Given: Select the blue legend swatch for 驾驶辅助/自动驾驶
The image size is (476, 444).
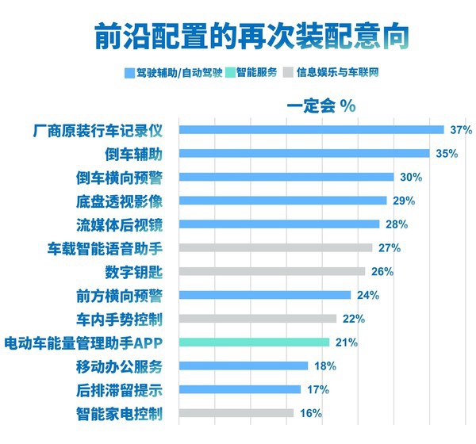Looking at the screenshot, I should click(129, 72).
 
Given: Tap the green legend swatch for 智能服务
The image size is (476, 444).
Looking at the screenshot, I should click(230, 72).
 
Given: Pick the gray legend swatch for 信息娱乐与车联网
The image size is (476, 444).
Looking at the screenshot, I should click(290, 72).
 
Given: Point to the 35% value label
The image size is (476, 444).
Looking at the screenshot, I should click(447, 153).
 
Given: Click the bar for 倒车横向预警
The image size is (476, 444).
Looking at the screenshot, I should click(286, 177).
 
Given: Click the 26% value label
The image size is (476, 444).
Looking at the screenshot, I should click(382, 272).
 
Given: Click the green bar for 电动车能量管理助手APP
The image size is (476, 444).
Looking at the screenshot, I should click(255, 343).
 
